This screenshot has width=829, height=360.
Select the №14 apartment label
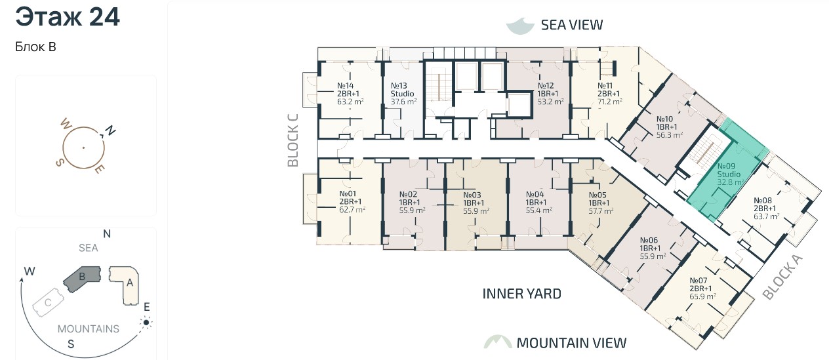(345, 85)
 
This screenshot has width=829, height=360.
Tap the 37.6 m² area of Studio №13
(404, 102)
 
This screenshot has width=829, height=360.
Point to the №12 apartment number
(546, 85)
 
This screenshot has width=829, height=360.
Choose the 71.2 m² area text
(610, 102)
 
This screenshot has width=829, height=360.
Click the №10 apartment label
(664, 119)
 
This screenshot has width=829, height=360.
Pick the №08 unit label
(762, 201)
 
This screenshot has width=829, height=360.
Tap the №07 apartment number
(698, 281)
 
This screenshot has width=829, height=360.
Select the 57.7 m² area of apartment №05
(601, 211)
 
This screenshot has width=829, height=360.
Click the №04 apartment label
(535, 194)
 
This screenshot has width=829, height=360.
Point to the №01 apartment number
(348, 193)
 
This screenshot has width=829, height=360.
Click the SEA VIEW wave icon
(520, 26)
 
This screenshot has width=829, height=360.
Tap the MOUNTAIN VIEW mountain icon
(498, 342)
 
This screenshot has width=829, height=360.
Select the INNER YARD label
(522, 294)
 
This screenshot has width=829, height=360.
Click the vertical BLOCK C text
(293, 140)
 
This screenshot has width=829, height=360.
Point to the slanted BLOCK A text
(782, 277)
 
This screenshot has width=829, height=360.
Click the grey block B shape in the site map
(82, 279)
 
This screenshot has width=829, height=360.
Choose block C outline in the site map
(48, 303)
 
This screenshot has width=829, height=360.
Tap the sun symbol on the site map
(146, 323)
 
